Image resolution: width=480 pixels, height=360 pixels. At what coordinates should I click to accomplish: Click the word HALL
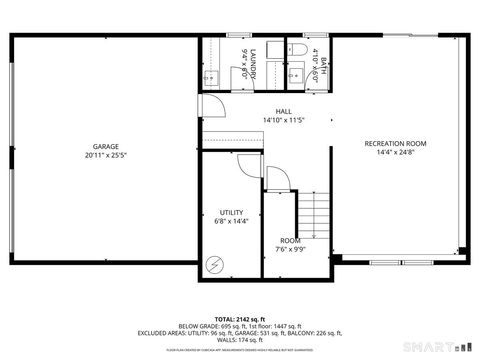click(283, 112)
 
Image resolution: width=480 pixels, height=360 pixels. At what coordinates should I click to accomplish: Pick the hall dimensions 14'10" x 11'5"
click(283, 120)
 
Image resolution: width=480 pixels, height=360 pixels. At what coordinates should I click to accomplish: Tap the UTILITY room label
click(231, 212)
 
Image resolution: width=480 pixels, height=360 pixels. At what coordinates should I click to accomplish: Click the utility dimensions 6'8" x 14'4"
click(231, 221)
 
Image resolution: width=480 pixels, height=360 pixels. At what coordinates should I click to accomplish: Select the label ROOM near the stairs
click(290, 240)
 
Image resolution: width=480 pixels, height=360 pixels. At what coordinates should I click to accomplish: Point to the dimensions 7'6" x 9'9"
click(290, 249)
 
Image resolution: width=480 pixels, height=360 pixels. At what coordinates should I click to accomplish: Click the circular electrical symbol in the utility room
click(214, 264)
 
